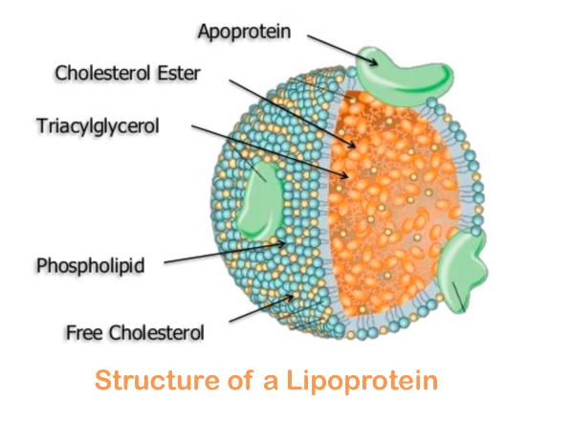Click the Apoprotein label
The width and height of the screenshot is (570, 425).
pyautogui.click(x=244, y=32)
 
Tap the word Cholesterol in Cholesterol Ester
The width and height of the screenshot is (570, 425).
pyautogui.click(x=103, y=73)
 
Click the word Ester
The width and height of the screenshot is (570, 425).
pyautogui.click(x=179, y=73)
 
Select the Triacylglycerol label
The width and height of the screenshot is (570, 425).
pyautogui.click(x=99, y=126)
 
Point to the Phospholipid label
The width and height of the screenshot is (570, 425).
pyautogui.click(x=91, y=265)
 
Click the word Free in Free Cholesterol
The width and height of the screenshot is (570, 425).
pyautogui.click(x=84, y=332)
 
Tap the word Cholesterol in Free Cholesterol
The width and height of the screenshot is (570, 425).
pyautogui.click(x=157, y=332)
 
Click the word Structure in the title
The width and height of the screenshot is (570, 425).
pyautogui.click(x=157, y=380)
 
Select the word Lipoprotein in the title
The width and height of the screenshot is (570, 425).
pyautogui.click(x=362, y=381)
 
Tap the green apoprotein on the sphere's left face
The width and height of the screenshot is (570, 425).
pyautogui.click(x=260, y=199)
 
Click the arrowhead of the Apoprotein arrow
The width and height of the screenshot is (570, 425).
pyautogui.click(x=375, y=63)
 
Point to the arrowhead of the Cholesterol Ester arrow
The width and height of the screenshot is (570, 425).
pyautogui.click(x=353, y=145)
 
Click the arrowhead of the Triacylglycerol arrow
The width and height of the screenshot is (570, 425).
pyautogui.click(x=345, y=176)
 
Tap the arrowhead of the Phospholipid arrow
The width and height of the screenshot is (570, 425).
pyautogui.click(x=282, y=244)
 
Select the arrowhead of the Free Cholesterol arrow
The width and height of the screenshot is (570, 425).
pyautogui.click(x=290, y=298)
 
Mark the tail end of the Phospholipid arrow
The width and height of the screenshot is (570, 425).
pyautogui.click(x=164, y=262)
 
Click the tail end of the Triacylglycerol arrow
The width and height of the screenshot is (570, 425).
pyautogui.click(x=192, y=126)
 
